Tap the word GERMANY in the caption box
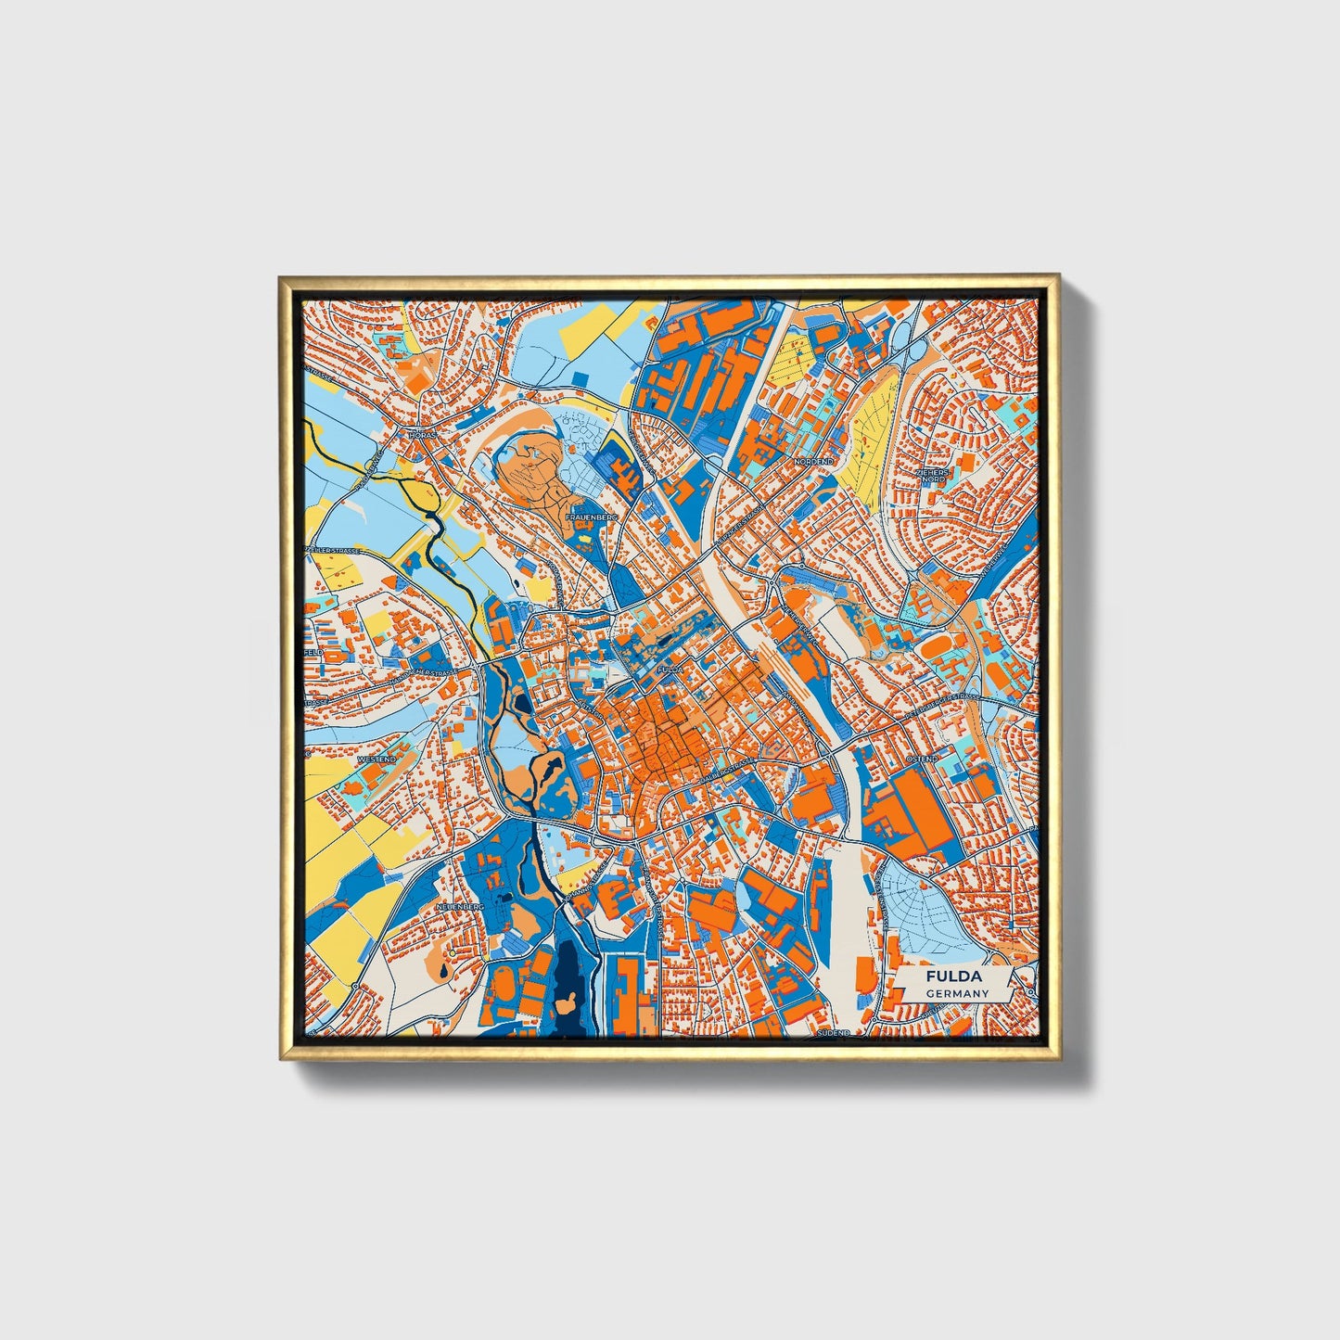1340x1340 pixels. coord(957,994)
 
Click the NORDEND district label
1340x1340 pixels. coord(815,461)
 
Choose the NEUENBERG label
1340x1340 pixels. coord(460,904)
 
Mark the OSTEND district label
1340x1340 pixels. coord(925,759)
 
